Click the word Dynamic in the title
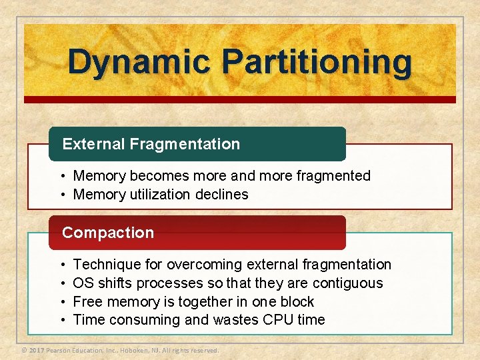pos(139,62)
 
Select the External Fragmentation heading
pos(151,144)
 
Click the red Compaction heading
pos(108,233)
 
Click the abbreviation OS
pos(83,283)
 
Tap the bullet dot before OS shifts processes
pos(61,283)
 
